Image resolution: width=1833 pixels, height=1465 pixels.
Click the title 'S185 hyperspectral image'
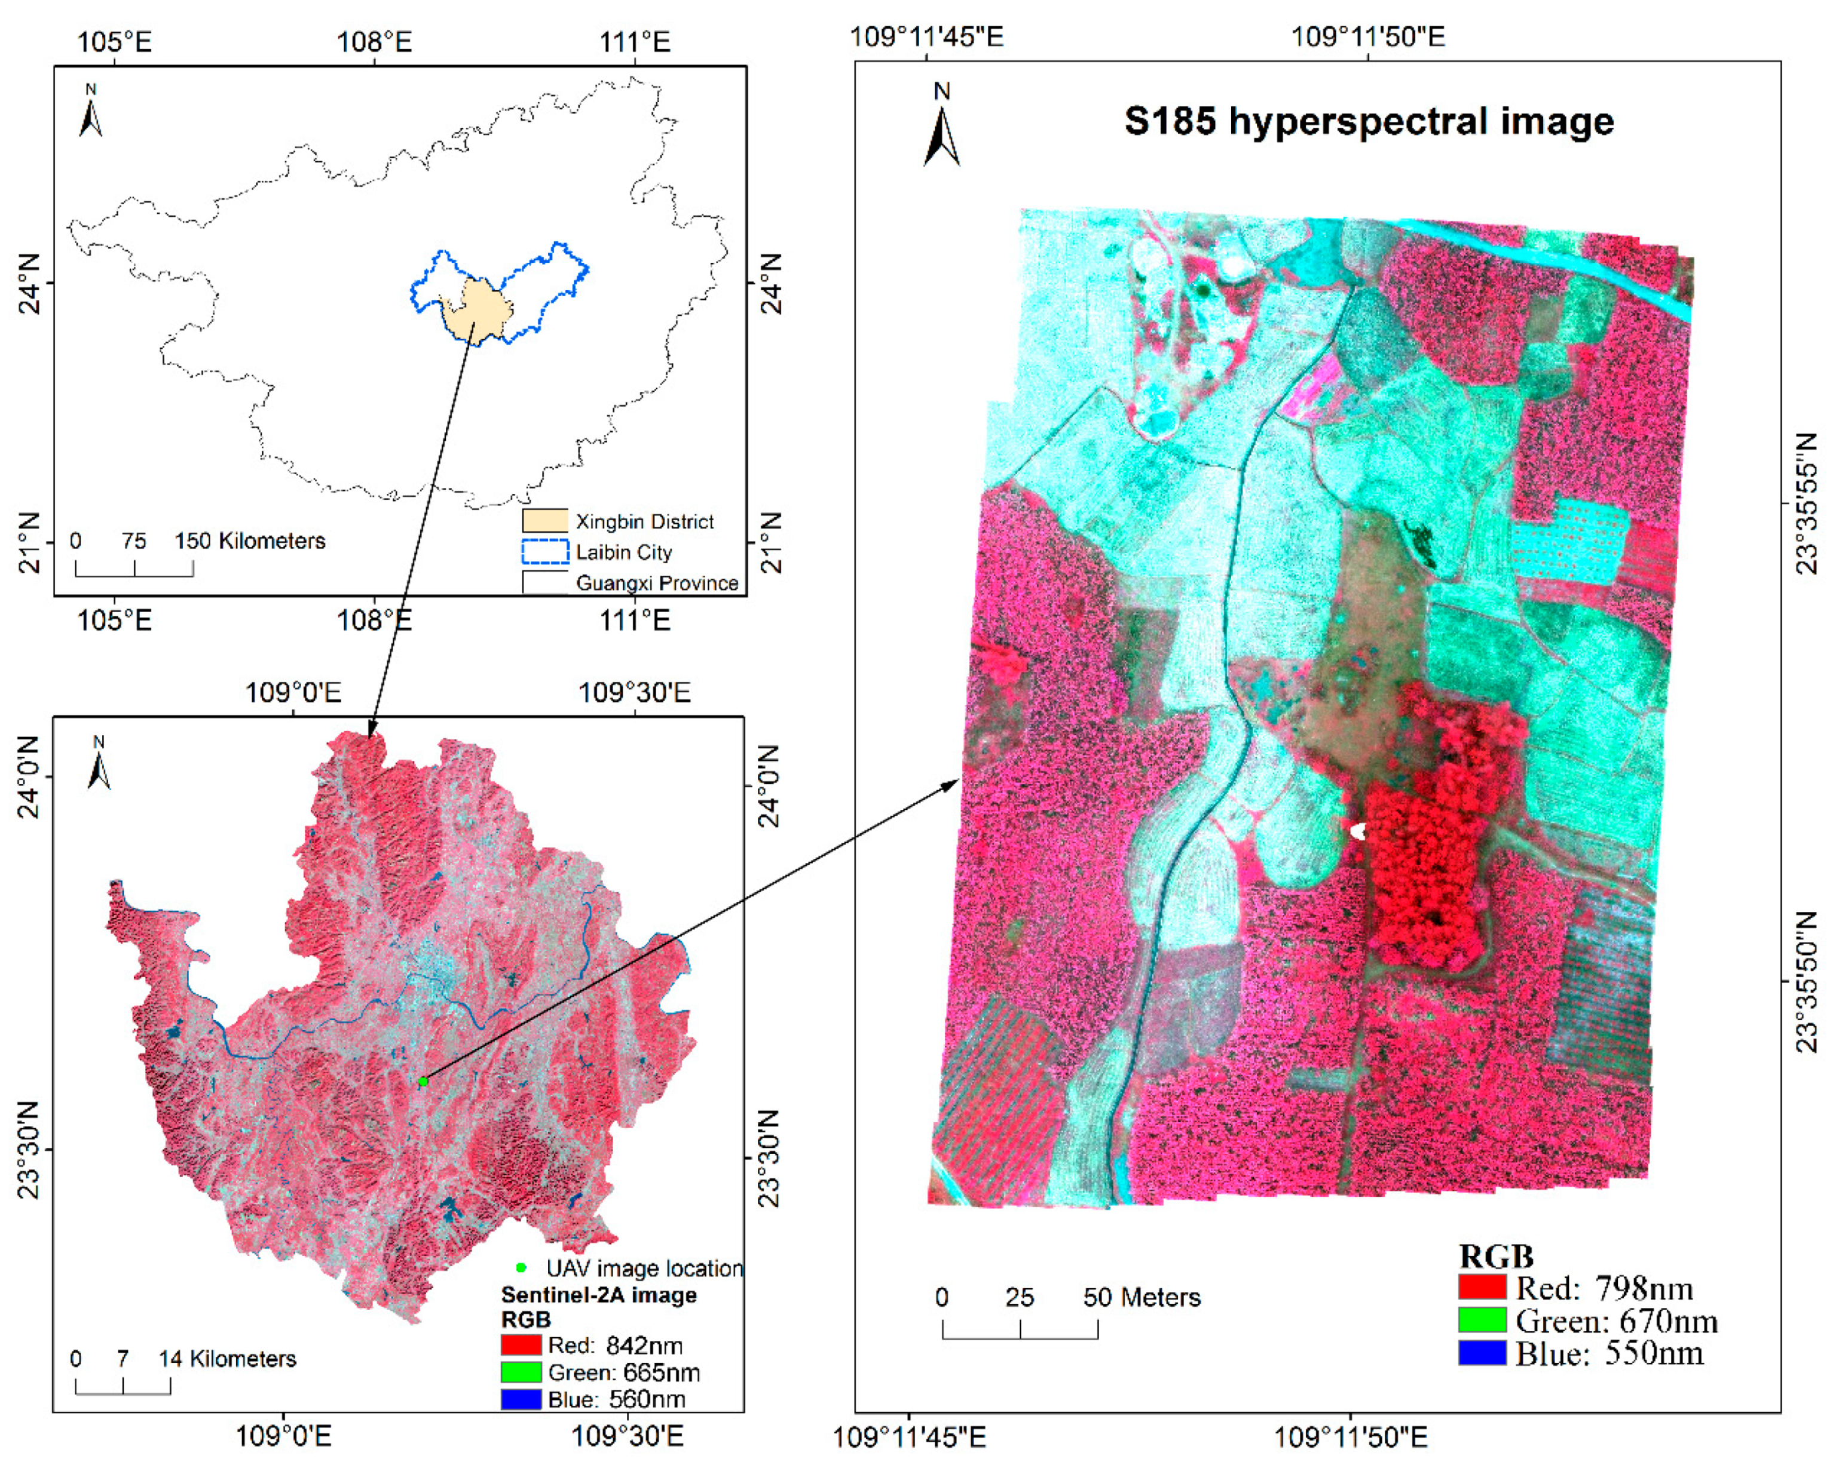[x=1368, y=121]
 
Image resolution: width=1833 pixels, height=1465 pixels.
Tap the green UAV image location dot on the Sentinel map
[x=423, y=1081]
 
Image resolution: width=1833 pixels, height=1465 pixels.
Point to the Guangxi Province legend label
[x=656, y=583]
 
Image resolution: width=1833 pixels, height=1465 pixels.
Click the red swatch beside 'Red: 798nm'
[x=1482, y=1288]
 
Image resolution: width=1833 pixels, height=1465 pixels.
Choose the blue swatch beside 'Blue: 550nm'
[x=1482, y=1353]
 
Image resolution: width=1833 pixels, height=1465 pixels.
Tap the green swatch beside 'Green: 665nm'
[x=521, y=1372]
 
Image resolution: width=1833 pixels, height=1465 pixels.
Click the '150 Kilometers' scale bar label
[x=250, y=540]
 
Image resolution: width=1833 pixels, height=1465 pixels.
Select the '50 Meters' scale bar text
[x=1141, y=1298]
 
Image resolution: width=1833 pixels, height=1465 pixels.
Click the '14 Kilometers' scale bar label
[x=227, y=1359]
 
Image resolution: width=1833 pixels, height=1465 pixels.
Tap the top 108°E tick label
[x=374, y=41]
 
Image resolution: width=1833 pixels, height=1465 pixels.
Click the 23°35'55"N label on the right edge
[x=1809, y=504]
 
